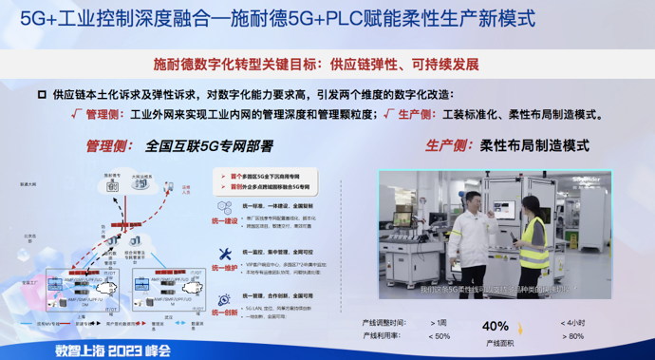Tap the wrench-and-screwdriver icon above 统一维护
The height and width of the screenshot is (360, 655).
coord(225,254)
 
